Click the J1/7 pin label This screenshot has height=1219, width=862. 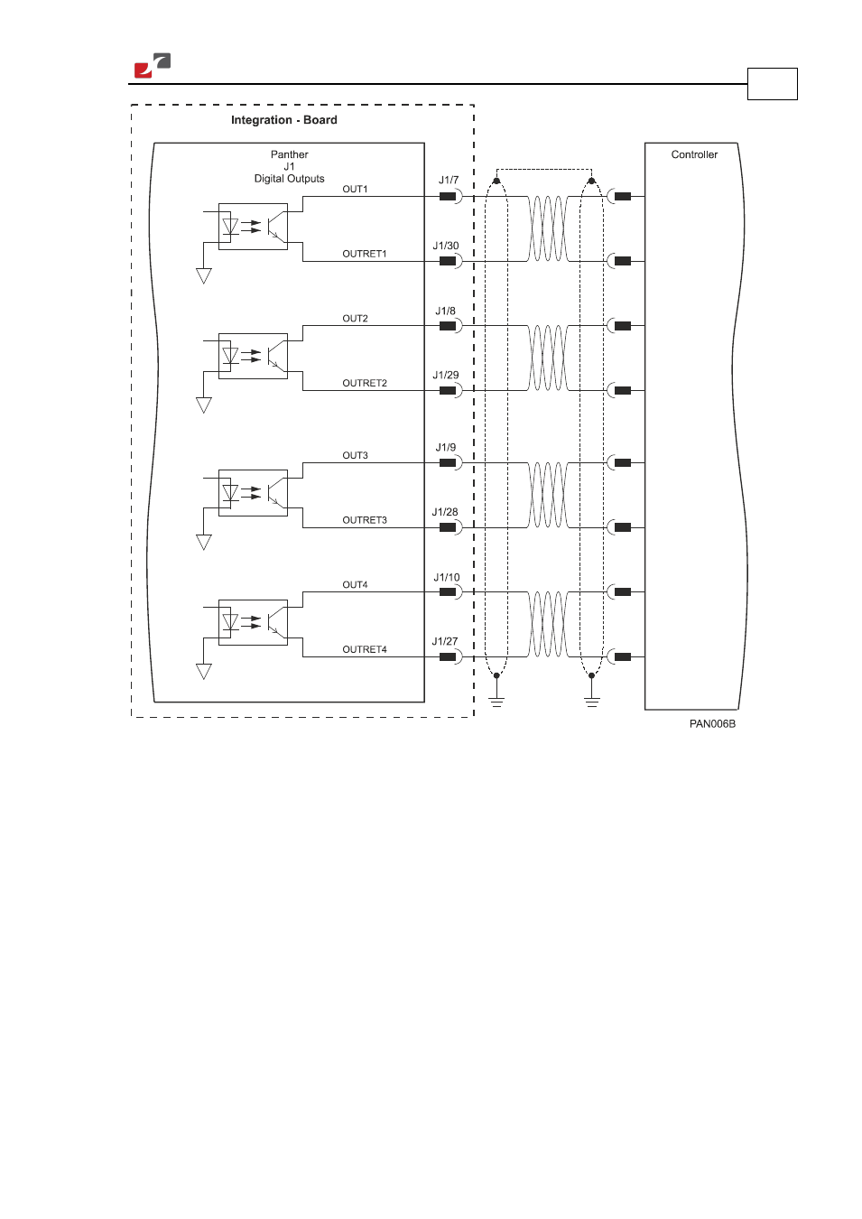(x=449, y=180)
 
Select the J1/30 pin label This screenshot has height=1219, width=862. (x=445, y=246)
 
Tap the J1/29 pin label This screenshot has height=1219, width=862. (x=445, y=375)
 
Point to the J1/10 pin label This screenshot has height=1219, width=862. (x=446, y=577)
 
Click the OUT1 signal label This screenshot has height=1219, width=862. (x=355, y=189)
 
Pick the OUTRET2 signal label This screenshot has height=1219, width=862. (x=365, y=383)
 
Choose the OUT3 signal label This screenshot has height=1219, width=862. (x=355, y=455)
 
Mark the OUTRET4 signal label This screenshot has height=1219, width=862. (x=365, y=649)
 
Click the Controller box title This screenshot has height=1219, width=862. (x=694, y=154)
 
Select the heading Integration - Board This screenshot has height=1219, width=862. (x=284, y=120)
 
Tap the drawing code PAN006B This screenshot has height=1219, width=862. (x=712, y=724)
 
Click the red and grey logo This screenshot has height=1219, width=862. (x=153, y=65)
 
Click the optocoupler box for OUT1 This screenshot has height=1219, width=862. (x=253, y=227)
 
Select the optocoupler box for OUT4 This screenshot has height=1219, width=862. (x=253, y=622)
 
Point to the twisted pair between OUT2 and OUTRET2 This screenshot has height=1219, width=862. (x=547, y=358)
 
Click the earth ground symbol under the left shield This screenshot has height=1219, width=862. (x=496, y=702)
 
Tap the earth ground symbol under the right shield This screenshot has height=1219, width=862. (x=592, y=702)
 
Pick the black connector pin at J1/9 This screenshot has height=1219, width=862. (x=448, y=462)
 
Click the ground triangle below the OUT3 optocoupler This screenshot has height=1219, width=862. (x=203, y=542)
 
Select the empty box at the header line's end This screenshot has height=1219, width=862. (x=773, y=84)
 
